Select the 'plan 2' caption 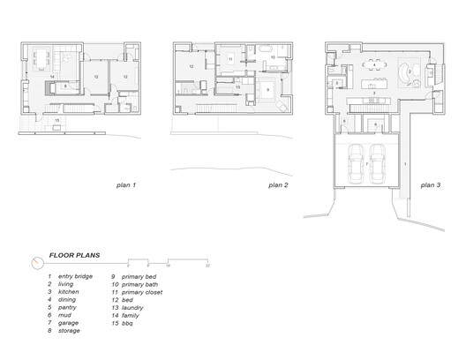(x=279, y=186)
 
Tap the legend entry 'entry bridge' (x=75, y=276)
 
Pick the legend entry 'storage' (x=67, y=331)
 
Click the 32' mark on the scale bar (x=207, y=265)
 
